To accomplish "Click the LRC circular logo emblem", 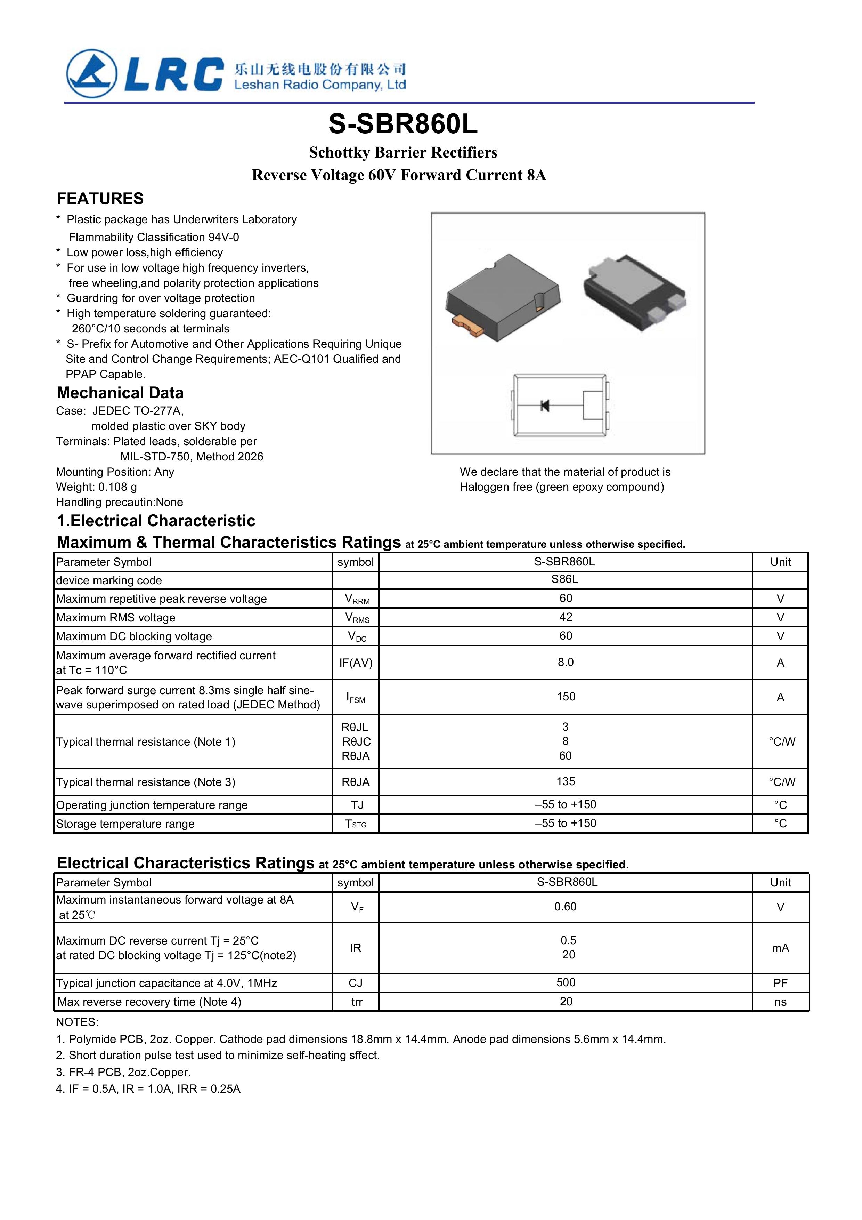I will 91,73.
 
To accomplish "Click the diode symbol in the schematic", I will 544,406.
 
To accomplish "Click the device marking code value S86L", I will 564,579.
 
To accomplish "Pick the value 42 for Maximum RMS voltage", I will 566,617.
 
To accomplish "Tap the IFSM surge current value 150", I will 566,697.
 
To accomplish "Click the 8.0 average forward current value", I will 566,662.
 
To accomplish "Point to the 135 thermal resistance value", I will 566,781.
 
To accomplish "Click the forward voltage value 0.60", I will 565,907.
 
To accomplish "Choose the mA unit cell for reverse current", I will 780,948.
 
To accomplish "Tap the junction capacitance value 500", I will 566,982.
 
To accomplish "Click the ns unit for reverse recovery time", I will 780,1002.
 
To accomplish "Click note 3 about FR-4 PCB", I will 123,1072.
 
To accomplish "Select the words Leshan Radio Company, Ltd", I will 320,85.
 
